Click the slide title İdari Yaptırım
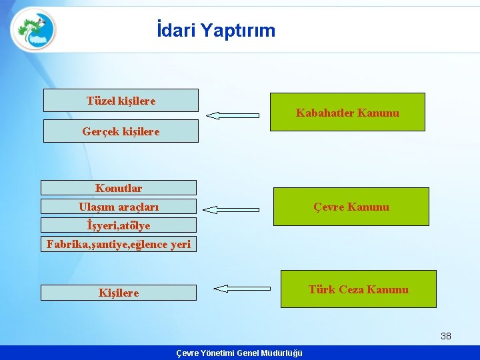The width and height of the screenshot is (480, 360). click(215, 31)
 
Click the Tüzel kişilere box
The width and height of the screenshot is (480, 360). click(121, 101)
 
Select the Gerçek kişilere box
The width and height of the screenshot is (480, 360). click(121, 131)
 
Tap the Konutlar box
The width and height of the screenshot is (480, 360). click(119, 188)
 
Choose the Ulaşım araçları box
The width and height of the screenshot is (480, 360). click(119, 207)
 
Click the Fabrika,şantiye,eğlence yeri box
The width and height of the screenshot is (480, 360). click(119, 244)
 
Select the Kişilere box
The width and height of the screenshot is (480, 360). click(119, 293)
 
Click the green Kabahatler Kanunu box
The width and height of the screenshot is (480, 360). click(347, 112)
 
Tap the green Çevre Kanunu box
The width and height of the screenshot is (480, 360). click(351, 207)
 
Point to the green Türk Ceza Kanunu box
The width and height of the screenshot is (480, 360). click(358, 289)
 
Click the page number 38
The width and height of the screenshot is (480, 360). click(446, 336)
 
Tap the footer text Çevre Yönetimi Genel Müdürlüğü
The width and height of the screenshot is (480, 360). click(239, 353)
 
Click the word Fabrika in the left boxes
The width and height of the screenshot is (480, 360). click(65, 244)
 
